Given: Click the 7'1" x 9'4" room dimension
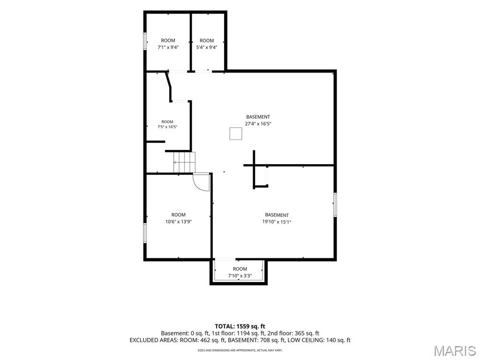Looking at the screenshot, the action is click(x=168, y=47).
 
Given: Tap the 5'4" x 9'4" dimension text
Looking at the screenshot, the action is click(x=207, y=47).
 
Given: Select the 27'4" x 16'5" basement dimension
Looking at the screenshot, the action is click(x=258, y=124).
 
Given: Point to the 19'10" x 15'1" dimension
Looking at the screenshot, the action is click(x=277, y=222).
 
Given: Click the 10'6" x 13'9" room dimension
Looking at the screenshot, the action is click(x=179, y=222).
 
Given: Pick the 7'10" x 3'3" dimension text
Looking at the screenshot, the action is click(x=240, y=276).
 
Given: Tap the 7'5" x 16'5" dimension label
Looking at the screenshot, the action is click(x=167, y=127).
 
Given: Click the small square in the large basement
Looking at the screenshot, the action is click(x=236, y=134).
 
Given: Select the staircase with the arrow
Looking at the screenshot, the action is click(x=184, y=162).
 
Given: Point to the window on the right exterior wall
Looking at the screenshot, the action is click(x=335, y=205).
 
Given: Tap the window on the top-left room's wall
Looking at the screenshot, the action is click(x=145, y=41).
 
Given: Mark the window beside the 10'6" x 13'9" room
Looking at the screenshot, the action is click(x=145, y=233).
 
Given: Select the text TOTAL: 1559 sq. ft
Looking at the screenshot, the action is click(x=240, y=326).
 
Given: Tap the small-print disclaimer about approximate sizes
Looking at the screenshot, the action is click(x=240, y=350).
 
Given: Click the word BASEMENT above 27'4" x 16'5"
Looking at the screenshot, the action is click(x=258, y=117).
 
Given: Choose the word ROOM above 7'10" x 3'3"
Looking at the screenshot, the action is click(x=240, y=269).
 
